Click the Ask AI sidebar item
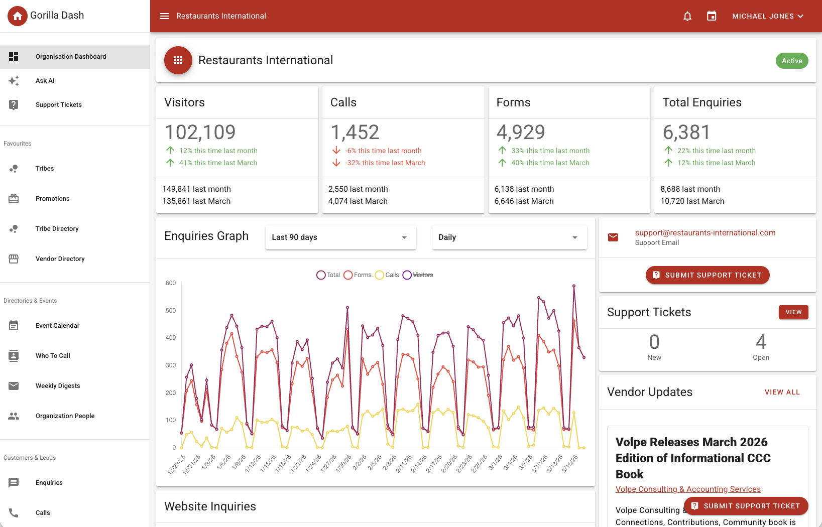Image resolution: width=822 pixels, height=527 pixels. coord(45,81)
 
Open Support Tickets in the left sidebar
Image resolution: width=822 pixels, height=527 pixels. coord(58,105)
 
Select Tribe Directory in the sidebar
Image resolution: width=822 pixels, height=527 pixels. coord(57,229)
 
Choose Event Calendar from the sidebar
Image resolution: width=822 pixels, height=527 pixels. coord(57,326)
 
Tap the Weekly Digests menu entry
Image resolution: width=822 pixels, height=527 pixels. coord(58,386)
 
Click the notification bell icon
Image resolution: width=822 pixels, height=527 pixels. coord(687,16)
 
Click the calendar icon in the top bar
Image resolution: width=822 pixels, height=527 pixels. coord(712,16)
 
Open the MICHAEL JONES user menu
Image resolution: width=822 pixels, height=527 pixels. coord(767,16)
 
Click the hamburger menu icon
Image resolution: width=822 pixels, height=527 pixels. coord(164,16)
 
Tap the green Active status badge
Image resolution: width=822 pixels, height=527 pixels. coord(792,61)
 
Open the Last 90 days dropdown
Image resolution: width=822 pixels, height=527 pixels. coord(340,237)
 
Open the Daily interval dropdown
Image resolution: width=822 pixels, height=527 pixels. coord(509,237)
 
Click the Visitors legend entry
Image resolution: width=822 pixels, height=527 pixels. coord(418,275)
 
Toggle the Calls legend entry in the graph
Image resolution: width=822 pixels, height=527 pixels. coord(387,275)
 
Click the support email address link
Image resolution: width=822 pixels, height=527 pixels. coord(705,233)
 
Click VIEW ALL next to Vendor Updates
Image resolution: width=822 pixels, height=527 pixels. coord(782,392)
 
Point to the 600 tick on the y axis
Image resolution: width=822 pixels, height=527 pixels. coord(171,283)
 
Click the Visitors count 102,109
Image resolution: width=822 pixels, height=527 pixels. coord(200,133)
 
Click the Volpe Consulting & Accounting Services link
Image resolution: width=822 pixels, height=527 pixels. coord(688,489)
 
